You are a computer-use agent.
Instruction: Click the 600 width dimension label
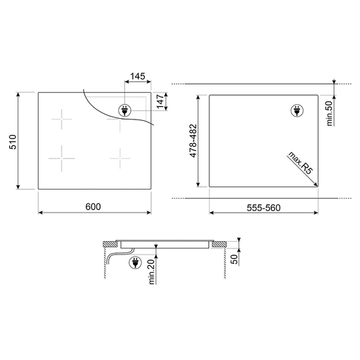point(93,207)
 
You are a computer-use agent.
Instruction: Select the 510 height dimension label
point(13,142)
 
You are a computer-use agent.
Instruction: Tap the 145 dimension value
point(138,76)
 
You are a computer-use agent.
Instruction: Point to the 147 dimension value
point(160,101)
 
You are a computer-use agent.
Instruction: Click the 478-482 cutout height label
point(193,141)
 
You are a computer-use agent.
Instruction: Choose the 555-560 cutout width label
point(264,208)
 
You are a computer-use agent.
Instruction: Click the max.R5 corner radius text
point(300,163)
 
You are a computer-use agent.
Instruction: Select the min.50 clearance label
point(329,113)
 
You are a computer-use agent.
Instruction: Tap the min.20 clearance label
point(152,272)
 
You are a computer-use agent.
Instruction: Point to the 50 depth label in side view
point(235,259)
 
